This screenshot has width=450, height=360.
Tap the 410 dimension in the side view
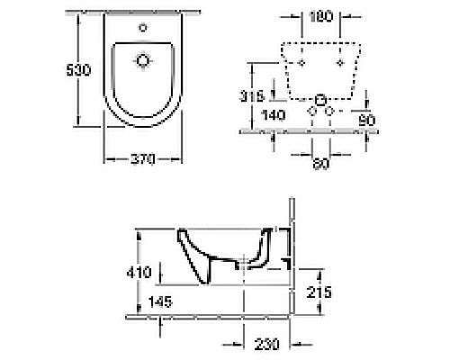136,269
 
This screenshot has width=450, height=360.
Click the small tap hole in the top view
142,28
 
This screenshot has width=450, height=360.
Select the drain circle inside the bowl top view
142,61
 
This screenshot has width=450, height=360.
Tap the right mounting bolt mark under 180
338,64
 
